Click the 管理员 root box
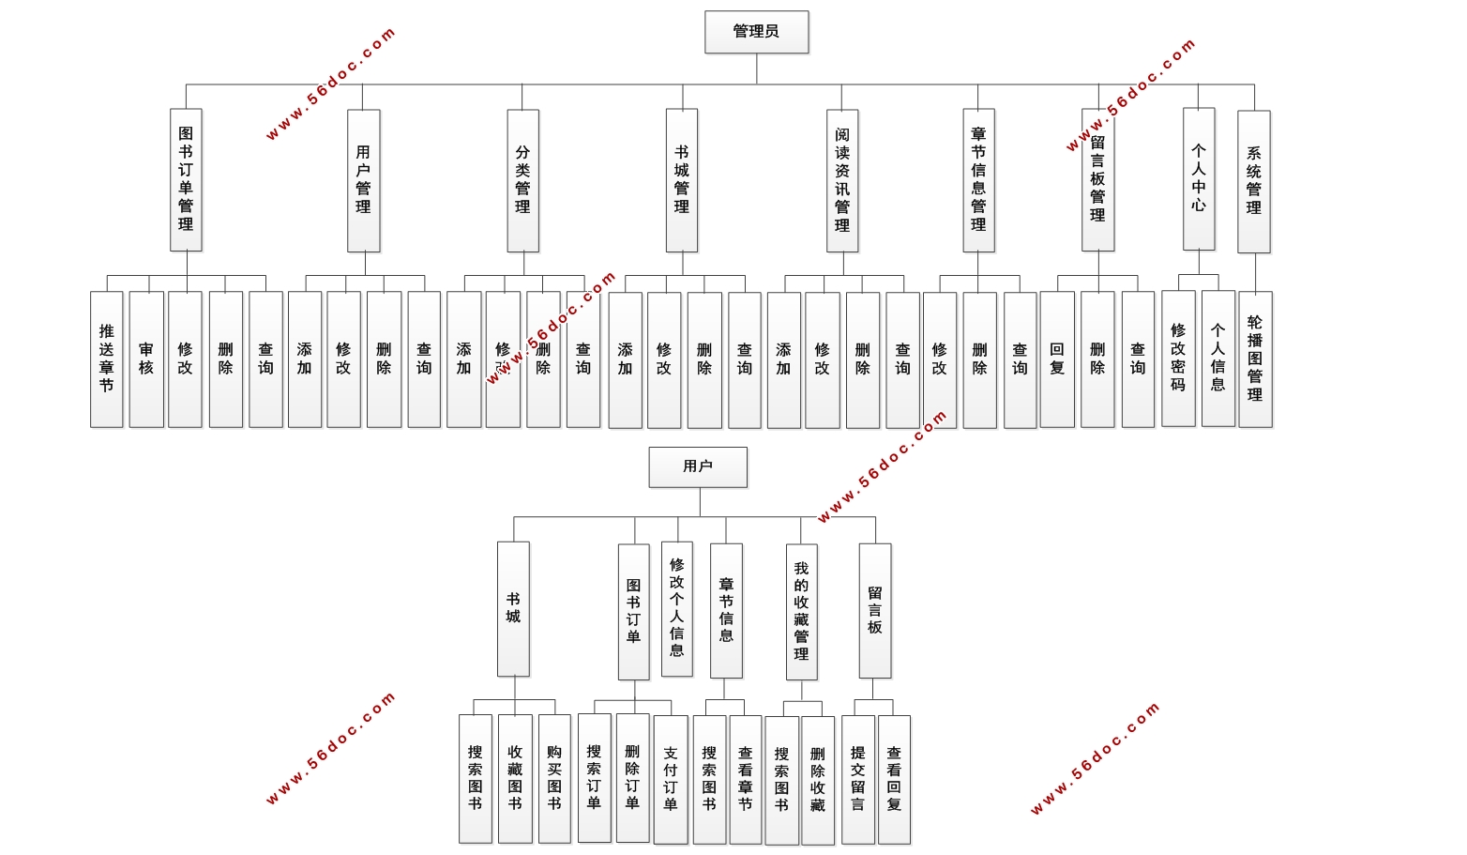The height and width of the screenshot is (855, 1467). click(756, 32)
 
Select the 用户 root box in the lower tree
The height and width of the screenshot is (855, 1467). click(698, 466)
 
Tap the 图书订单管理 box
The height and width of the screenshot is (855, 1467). click(186, 179)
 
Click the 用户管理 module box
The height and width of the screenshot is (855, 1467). click(363, 180)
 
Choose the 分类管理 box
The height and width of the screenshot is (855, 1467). click(522, 180)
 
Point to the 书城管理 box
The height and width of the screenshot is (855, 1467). click(682, 180)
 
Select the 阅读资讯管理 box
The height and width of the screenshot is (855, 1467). click(842, 180)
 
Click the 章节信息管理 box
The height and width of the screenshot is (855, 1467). click(978, 180)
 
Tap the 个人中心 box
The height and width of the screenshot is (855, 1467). click(1199, 178)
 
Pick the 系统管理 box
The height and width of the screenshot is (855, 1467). click(1254, 181)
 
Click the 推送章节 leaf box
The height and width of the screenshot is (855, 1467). click(107, 359)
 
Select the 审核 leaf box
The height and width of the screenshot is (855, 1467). click(146, 359)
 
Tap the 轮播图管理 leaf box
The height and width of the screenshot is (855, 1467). click(1255, 359)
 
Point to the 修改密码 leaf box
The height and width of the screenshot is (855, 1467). click(1178, 358)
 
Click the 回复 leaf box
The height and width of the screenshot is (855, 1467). click(1057, 359)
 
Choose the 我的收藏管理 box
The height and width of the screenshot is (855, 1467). click(801, 611)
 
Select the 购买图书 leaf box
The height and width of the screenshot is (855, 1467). click(554, 778)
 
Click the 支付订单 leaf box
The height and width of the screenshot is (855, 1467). click(671, 779)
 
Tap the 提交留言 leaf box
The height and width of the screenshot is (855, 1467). click(857, 779)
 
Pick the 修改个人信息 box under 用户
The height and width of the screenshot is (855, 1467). click(677, 608)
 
